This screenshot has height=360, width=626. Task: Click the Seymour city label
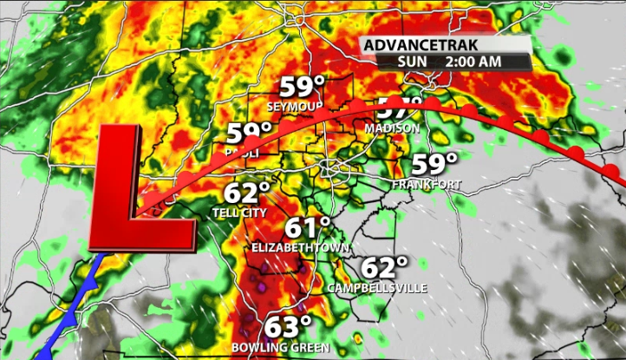coord(290,107)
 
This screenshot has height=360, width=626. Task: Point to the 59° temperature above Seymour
coord(301,88)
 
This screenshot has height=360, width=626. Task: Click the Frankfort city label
coord(426,185)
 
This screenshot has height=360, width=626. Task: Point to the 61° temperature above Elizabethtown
coord(309,229)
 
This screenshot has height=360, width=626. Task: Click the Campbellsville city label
coord(377,288)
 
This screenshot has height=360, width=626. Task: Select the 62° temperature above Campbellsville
coord(384,268)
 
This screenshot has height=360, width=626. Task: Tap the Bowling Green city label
coord(281,347)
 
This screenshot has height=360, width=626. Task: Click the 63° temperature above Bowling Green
coord(287,328)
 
